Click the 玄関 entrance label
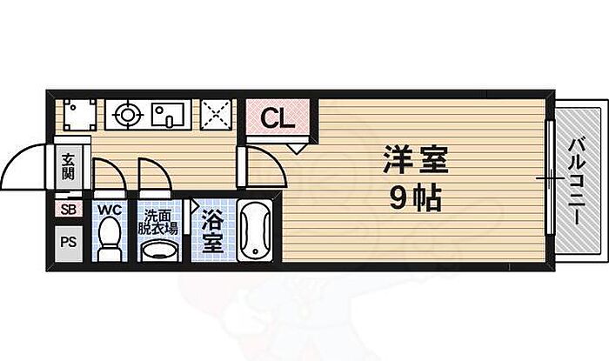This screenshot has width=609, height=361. point(68,166)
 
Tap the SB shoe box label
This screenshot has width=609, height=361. point(68,209)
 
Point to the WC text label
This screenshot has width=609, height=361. point(109,210)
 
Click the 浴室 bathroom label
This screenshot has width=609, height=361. point(211,231)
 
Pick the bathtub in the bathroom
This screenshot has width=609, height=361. point(255,231)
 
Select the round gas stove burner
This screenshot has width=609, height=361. point(127,114)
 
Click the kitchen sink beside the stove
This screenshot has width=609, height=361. point(170,114)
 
